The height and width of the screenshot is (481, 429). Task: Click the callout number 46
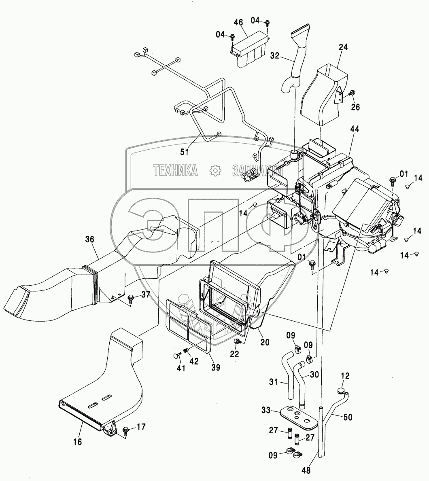pos(238,22)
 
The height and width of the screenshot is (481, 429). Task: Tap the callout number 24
pos(343,47)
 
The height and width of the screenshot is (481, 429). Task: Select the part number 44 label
pos(355,129)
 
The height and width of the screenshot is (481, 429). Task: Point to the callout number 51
pos(185,152)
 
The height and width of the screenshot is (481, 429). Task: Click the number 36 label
pos(89,239)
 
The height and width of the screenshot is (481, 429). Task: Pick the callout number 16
pos(78,442)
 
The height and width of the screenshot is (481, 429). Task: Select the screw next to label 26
pos(352,92)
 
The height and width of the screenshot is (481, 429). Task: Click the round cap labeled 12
pos(340,391)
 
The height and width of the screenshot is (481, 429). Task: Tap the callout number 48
pos(306,470)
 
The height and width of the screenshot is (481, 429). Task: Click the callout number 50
pos(348,417)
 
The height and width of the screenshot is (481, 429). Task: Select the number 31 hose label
pos(274,382)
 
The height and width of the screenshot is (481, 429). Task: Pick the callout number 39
pos(216,367)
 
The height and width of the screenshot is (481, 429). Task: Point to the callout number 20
pos(265,342)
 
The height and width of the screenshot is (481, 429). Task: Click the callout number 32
pos(275,55)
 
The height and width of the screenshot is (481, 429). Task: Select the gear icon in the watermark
pos(215,170)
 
